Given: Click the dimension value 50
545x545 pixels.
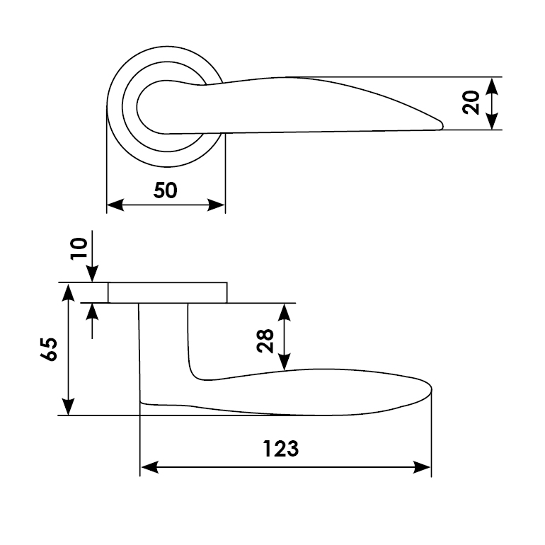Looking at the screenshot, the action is (166, 190).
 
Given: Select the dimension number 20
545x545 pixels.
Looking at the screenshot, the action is (471, 103).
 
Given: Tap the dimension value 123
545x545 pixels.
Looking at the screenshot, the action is (280, 448).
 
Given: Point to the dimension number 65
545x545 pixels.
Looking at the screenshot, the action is (49, 349).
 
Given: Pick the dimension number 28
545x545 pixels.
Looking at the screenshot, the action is (265, 341).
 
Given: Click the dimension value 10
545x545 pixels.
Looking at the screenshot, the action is (79, 248).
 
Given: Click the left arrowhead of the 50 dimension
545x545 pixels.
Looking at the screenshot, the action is (115, 205).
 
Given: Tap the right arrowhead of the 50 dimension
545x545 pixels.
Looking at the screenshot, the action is (216, 205).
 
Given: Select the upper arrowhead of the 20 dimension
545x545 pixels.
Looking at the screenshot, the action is (491, 86).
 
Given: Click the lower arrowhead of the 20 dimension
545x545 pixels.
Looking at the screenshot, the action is (491, 120).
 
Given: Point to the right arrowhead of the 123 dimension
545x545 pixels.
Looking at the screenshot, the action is (422, 467).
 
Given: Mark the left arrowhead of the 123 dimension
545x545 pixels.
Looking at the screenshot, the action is (149, 467).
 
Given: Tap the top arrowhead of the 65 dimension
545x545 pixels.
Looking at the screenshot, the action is (69, 292).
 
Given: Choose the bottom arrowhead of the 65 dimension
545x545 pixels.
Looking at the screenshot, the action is (69, 406).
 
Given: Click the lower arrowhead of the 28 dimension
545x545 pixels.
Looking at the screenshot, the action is (285, 362).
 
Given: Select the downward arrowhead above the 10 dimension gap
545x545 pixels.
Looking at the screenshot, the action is (92, 273).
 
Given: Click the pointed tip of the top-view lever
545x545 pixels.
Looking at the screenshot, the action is (442, 125).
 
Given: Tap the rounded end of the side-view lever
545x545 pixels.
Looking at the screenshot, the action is (430, 389).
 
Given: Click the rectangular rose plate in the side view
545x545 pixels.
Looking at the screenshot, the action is (168, 292).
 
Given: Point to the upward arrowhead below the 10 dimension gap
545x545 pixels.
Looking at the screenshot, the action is (92, 312).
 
